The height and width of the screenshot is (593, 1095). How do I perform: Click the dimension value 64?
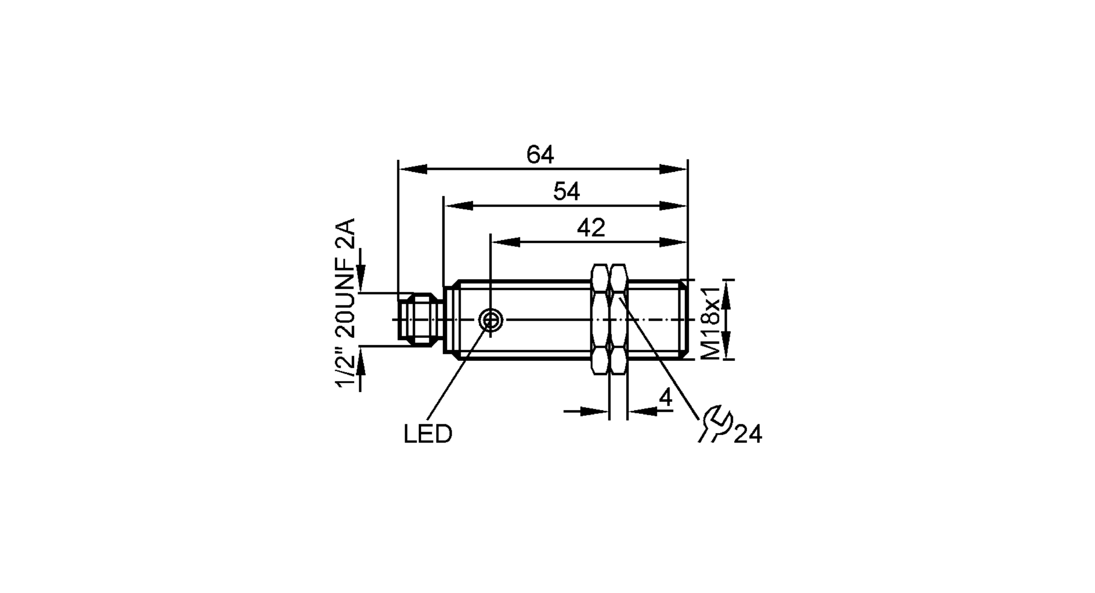540,155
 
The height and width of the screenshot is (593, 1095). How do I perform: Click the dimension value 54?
566,192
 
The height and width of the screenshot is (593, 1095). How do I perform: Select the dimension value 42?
591,228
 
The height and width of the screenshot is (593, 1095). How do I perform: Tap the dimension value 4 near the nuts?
665,398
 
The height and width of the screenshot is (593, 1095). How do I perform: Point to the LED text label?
428,434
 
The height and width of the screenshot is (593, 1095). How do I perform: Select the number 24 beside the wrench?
748,435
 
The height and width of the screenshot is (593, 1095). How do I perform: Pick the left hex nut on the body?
600,319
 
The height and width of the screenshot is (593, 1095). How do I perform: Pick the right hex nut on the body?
619,319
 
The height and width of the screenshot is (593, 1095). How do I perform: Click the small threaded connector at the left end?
419,320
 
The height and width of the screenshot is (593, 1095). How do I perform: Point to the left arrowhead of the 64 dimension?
412,169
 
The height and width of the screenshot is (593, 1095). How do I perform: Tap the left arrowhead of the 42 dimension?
505,242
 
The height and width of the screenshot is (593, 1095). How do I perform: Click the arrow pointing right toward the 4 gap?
597,411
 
